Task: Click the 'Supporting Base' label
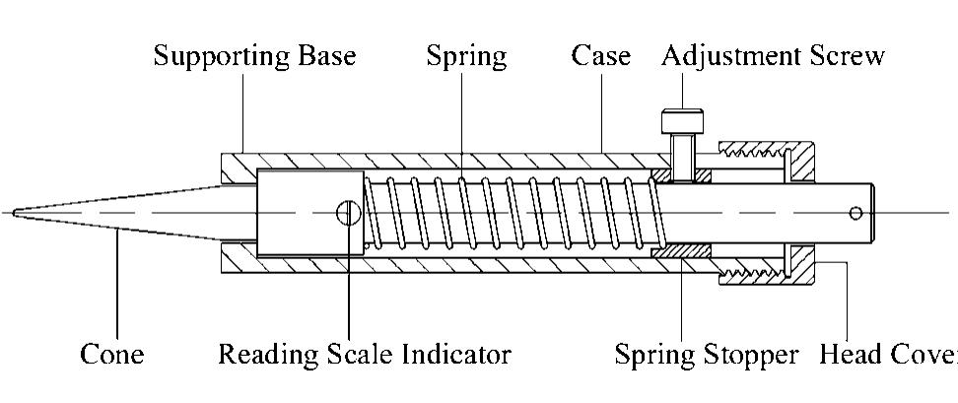click(254, 56)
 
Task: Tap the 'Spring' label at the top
click(466, 56)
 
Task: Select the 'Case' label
click(600, 56)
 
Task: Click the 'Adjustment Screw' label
click(773, 56)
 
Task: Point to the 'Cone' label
click(111, 354)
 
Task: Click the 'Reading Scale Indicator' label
click(364, 354)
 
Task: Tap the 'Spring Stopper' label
click(707, 354)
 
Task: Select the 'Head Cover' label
click(887, 354)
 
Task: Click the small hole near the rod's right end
click(855, 213)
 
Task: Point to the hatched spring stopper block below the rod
click(681, 253)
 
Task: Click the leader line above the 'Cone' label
click(116, 286)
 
